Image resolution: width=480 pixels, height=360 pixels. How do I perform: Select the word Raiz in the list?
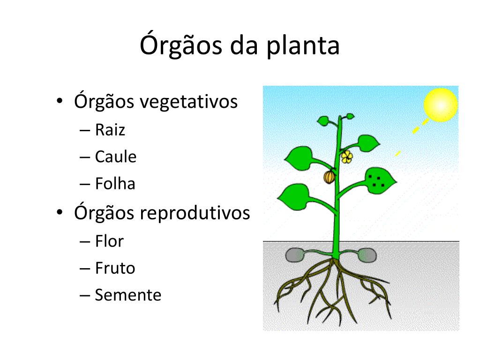pyautogui.click(x=110, y=130)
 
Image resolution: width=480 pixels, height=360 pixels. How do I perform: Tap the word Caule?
pyautogui.click(x=116, y=157)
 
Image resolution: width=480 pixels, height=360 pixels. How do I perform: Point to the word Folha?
pyautogui.click(x=115, y=184)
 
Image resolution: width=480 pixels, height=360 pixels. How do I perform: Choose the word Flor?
pyautogui.click(x=110, y=241)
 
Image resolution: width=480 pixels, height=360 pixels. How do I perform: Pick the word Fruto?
pyautogui.click(x=115, y=268)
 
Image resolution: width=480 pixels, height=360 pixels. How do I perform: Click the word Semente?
pyautogui.click(x=128, y=295)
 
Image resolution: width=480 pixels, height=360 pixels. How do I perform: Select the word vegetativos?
pyautogui.click(x=188, y=102)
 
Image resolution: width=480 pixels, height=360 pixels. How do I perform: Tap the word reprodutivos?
pyautogui.click(x=195, y=213)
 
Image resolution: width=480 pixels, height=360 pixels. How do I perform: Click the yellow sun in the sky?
pyautogui.click(x=441, y=105)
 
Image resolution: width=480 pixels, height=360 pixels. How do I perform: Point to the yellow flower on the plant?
pyautogui.click(x=347, y=157)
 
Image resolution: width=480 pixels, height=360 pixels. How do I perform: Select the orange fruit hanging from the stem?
pyautogui.click(x=329, y=177)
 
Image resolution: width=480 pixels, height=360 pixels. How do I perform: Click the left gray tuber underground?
pyautogui.click(x=295, y=255)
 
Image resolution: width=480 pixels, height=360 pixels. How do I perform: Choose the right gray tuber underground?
pyautogui.click(x=367, y=255)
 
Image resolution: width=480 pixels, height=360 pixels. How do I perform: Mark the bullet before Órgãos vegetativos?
pyautogui.click(x=60, y=101)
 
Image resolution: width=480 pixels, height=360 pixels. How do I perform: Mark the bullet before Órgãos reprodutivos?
pyautogui.click(x=60, y=212)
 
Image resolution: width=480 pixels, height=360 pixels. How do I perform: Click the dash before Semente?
pyautogui.click(x=84, y=296)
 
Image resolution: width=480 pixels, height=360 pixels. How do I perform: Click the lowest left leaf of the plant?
pyautogui.click(x=294, y=197)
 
